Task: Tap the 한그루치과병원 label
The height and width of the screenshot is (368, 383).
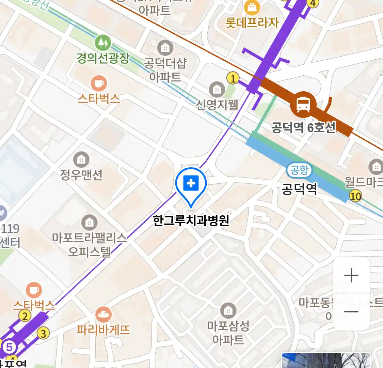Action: pos(191,221)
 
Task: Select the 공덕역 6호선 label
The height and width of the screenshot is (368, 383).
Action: pos(303,128)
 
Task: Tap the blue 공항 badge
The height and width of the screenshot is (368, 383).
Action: pos(299,170)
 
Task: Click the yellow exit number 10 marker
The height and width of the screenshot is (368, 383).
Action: pos(355,196)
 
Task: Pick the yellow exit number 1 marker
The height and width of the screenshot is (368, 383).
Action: pos(233,79)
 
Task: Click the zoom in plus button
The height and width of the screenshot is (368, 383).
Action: pos(351,275)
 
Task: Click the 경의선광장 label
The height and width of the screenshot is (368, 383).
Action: pos(103,58)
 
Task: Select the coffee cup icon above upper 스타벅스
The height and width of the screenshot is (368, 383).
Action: pos(99,83)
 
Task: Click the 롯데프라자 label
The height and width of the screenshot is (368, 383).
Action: pos(252,23)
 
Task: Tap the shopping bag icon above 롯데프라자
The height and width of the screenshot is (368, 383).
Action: pos(252,7)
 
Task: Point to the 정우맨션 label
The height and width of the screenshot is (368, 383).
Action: pos(81,175)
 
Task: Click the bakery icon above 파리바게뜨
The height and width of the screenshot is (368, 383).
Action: pos(103,315)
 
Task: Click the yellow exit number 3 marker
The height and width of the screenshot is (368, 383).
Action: pos(43,333)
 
